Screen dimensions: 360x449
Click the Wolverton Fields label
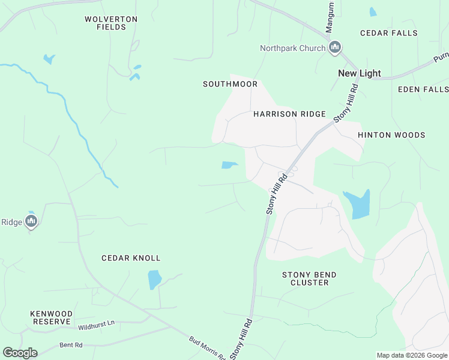[x=111, y=23]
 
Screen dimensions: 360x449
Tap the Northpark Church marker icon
[x=335, y=48]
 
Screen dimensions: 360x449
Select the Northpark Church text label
[x=293, y=49]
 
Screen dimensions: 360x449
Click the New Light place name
[x=360, y=73]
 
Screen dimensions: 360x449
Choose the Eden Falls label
[x=423, y=89]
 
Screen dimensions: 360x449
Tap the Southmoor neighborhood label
[x=230, y=85]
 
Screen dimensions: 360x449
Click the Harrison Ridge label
[x=289, y=114]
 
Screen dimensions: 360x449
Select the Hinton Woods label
[x=391, y=136]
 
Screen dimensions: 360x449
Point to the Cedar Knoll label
[x=131, y=258]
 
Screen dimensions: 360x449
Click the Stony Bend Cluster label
[x=309, y=278]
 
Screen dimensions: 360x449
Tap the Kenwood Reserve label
[x=52, y=318]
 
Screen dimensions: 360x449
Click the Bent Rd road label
[x=71, y=346]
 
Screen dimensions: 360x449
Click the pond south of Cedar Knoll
[x=154, y=279]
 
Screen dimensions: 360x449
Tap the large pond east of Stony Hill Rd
[x=358, y=204]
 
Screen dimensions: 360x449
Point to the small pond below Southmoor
[x=229, y=165]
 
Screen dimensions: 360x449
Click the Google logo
[x=20, y=353]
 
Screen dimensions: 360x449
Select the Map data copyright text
[x=411, y=355]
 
